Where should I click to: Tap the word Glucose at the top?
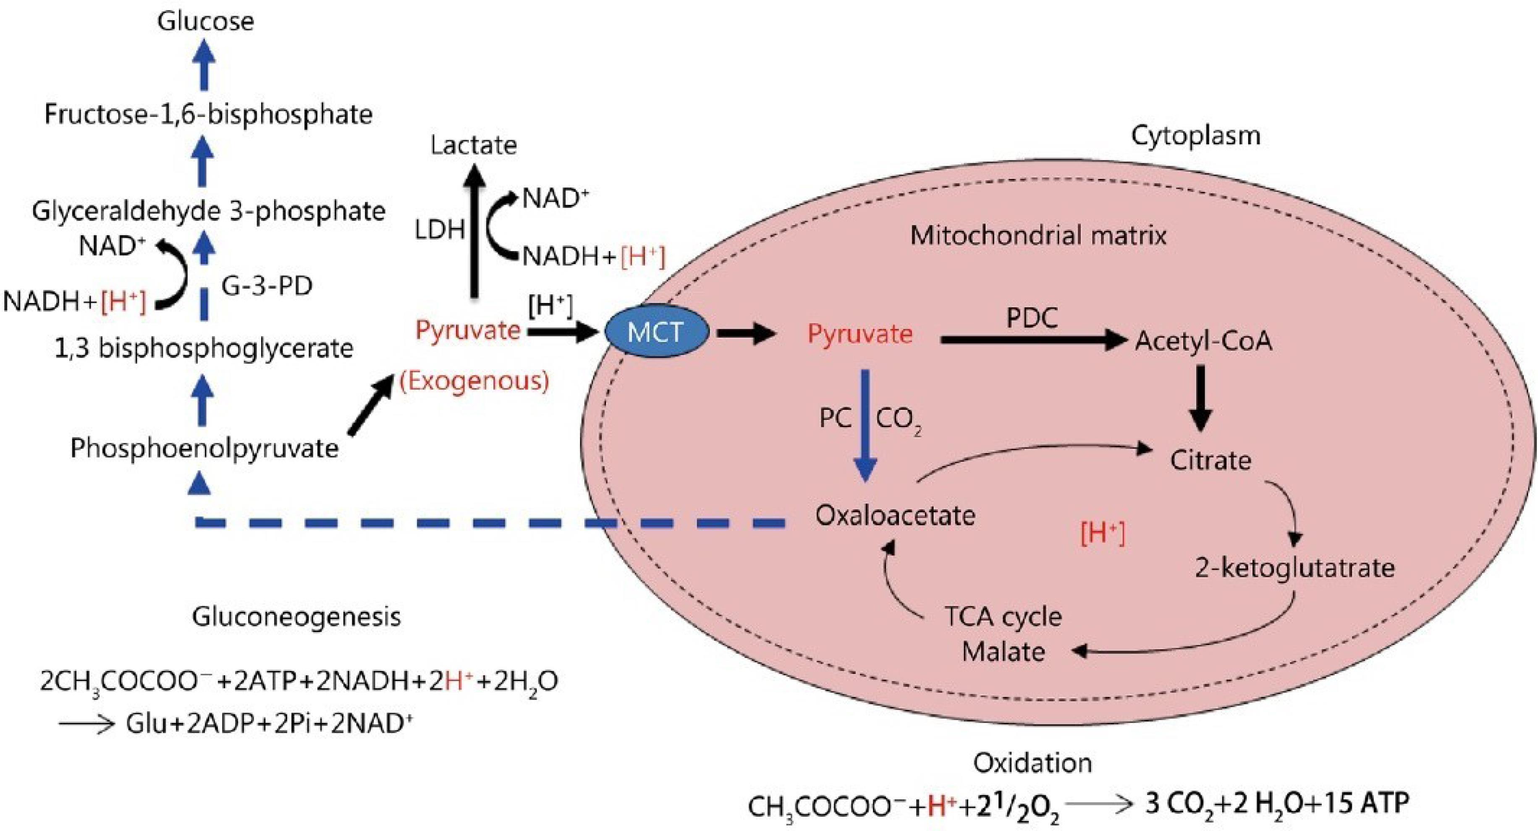coord(205,21)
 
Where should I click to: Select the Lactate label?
coord(474,145)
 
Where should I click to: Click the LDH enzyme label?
coord(440,229)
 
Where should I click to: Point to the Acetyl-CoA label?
coord(1203,341)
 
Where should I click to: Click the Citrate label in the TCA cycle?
coord(1210,460)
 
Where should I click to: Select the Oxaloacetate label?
coord(895,515)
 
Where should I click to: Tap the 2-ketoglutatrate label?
coord(1294,568)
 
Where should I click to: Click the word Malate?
coord(1003,651)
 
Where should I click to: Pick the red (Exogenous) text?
coord(474,381)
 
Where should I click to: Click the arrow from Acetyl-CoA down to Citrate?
coord(1201,397)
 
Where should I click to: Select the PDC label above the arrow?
coord(1032,317)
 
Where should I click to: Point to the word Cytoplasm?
coord(1195,136)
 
